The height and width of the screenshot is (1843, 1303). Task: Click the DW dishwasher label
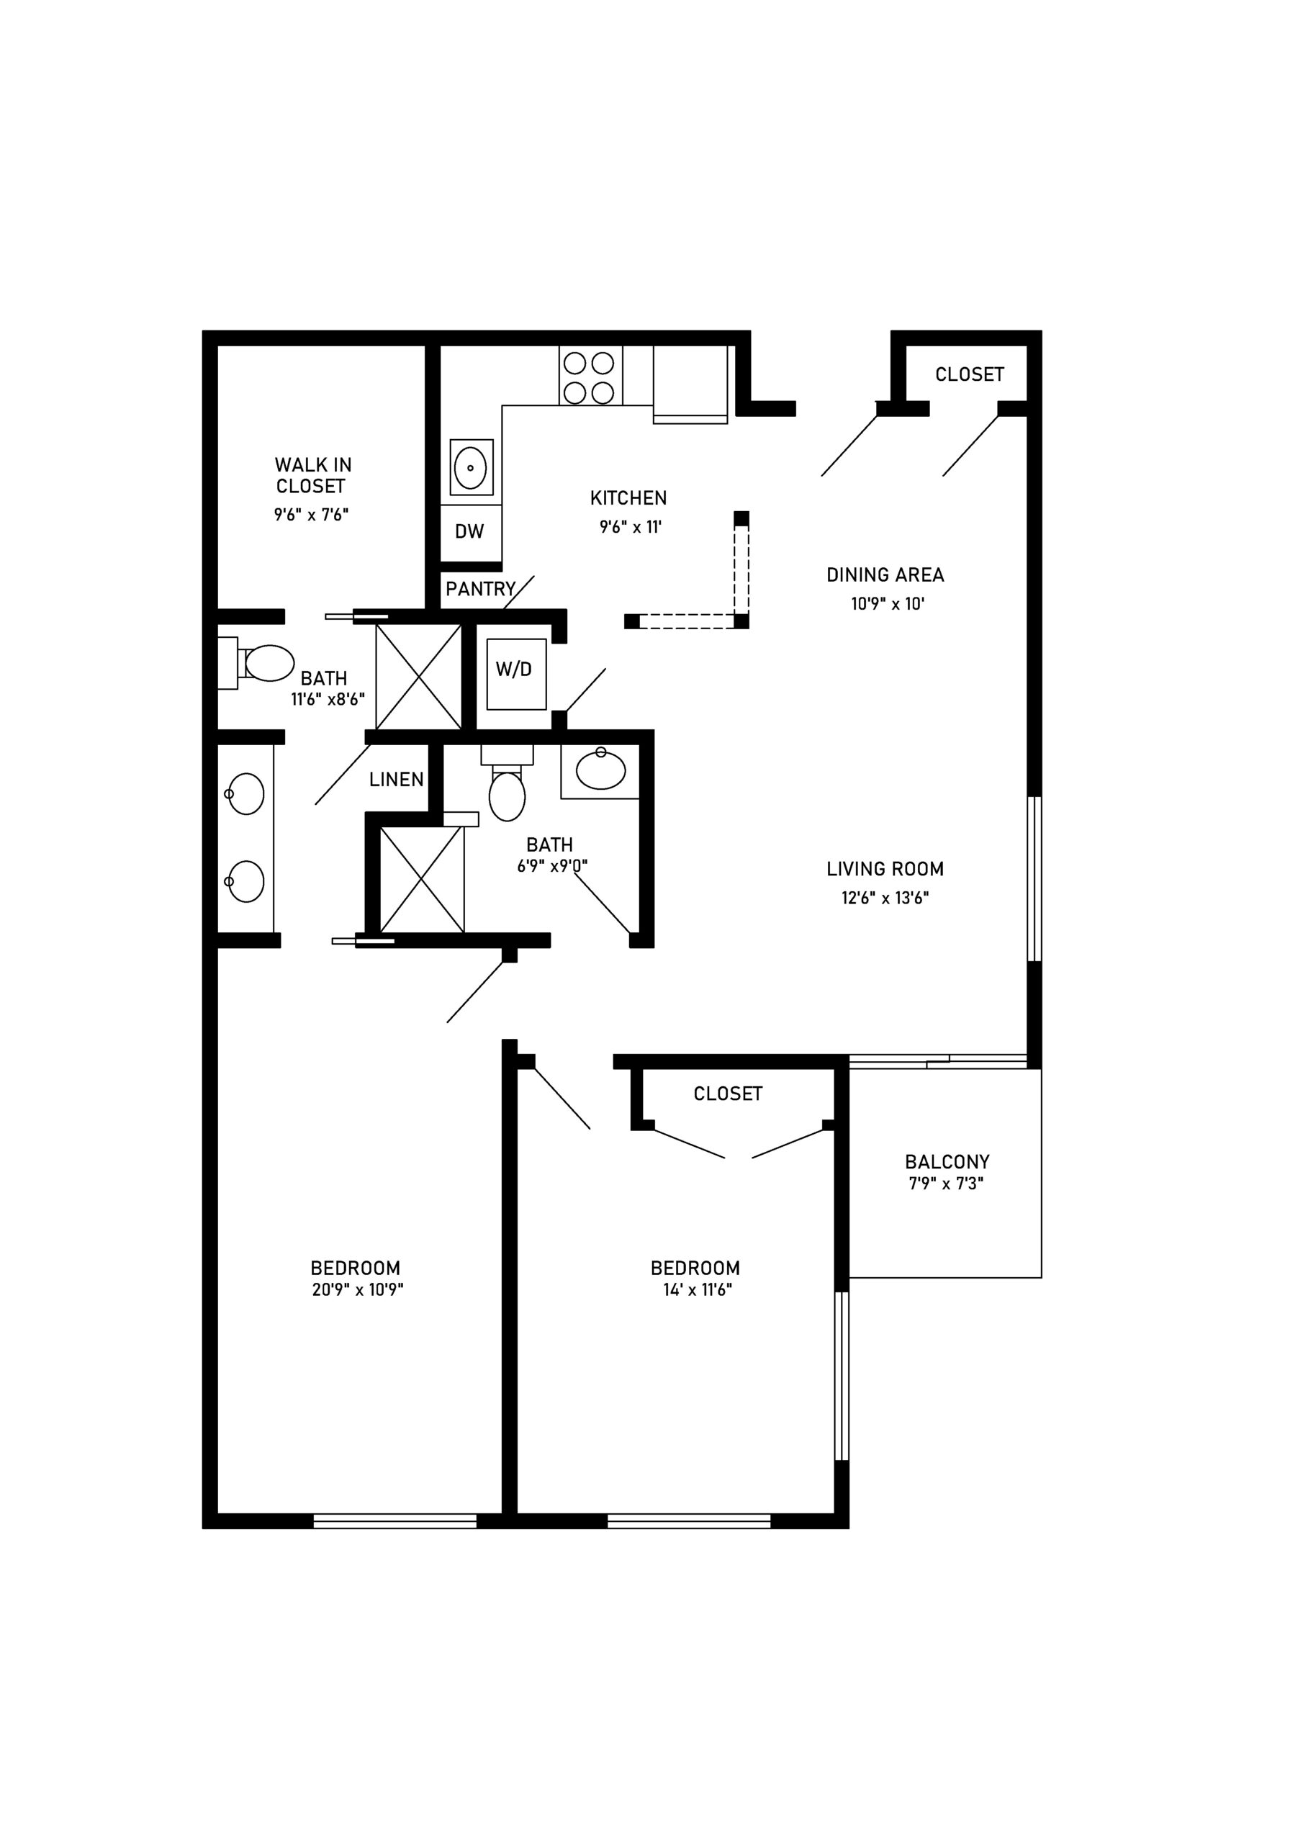469,531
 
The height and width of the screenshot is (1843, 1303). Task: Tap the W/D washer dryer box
516,675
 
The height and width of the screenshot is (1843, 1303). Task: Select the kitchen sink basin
472,467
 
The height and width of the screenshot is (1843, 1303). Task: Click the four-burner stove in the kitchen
590,377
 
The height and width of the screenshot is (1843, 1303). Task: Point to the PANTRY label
480,589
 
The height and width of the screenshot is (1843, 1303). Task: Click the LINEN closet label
397,780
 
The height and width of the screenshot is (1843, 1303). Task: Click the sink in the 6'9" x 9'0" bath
600,770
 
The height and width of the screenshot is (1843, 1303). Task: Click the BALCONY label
947,1161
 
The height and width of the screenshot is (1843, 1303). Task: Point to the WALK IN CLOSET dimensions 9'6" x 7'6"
311,515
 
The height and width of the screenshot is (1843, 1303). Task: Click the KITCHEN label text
628,497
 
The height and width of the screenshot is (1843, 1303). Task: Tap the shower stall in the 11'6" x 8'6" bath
418,677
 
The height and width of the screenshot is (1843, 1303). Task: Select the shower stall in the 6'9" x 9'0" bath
421,879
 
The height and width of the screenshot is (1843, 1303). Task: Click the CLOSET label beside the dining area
970,374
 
